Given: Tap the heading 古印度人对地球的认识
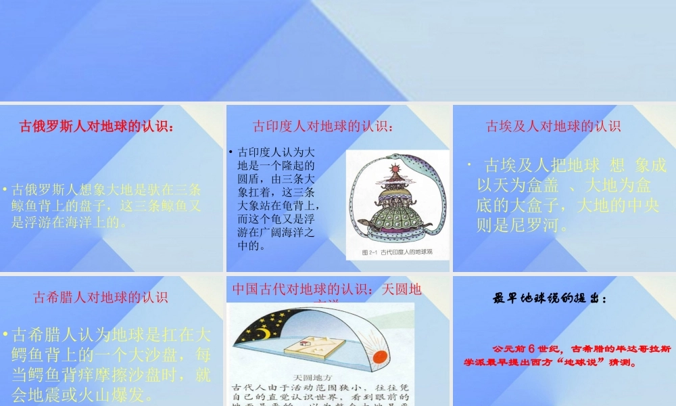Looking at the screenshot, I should point(323,126).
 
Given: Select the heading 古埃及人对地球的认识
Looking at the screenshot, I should point(553,126).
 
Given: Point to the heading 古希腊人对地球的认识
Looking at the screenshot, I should point(101,296).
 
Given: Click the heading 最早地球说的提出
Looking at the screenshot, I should point(550,298).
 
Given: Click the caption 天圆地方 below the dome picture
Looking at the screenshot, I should point(311,377).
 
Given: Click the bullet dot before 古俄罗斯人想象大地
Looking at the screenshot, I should point(5,189).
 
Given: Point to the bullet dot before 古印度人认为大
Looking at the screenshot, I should point(231,152).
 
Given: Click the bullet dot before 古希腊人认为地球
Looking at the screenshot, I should point(5,334).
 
